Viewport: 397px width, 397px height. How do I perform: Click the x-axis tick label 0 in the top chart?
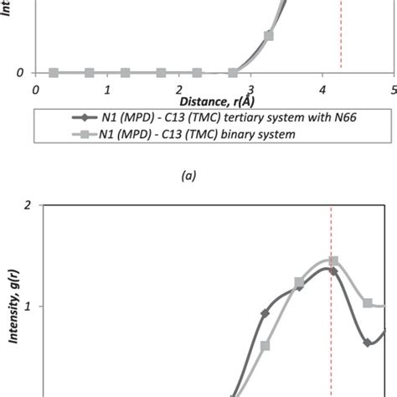(x=35, y=89)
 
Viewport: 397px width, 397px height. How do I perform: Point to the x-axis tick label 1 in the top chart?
(x=107, y=89)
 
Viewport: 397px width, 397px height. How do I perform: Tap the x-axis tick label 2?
(x=179, y=89)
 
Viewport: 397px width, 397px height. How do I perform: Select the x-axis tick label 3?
(x=251, y=89)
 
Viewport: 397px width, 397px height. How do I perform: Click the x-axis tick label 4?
(x=323, y=89)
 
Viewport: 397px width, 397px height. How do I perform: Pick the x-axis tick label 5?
(x=393, y=89)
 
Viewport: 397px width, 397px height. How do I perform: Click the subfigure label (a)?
(x=188, y=176)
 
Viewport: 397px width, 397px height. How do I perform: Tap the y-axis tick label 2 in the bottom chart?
(x=28, y=204)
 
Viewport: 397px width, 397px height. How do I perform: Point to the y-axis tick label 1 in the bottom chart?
(x=28, y=307)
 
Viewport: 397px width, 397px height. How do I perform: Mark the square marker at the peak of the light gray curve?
(x=333, y=261)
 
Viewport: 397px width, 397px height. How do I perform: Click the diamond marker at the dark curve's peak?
(x=333, y=271)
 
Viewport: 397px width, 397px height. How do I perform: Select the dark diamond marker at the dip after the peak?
(x=367, y=343)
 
